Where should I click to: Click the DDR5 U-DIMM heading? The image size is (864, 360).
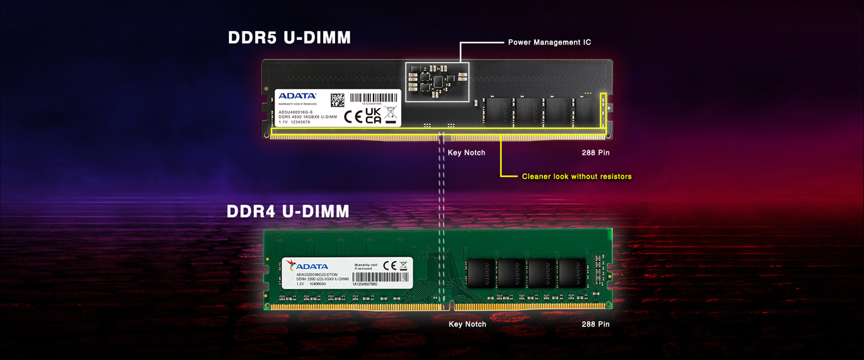(289, 38)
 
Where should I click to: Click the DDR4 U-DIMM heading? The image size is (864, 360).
(288, 211)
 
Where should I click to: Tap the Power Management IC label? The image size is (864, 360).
(549, 42)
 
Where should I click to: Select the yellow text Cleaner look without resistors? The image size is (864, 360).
(576, 176)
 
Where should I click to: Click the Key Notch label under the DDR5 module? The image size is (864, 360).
(466, 153)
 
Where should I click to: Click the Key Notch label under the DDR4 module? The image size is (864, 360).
(467, 324)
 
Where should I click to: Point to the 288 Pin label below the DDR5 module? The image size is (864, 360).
(595, 153)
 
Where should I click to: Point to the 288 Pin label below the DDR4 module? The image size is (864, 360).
(595, 324)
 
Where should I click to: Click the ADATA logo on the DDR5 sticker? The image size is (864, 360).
(297, 96)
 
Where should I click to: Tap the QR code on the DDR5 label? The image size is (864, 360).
(337, 100)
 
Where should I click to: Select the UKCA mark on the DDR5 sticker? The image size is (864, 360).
(373, 116)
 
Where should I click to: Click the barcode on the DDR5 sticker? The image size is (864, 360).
(373, 98)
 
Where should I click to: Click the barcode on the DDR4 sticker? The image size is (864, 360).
(380, 277)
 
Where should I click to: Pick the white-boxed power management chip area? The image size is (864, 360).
(437, 82)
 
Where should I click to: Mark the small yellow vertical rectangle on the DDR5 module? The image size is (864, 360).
(603, 110)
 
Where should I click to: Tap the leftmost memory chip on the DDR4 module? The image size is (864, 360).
(481, 273)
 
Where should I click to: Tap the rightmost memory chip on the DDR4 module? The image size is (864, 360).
(572, 273)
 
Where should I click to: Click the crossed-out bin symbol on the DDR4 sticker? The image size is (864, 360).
(403, 265)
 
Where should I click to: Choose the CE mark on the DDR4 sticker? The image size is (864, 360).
(390, 265)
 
